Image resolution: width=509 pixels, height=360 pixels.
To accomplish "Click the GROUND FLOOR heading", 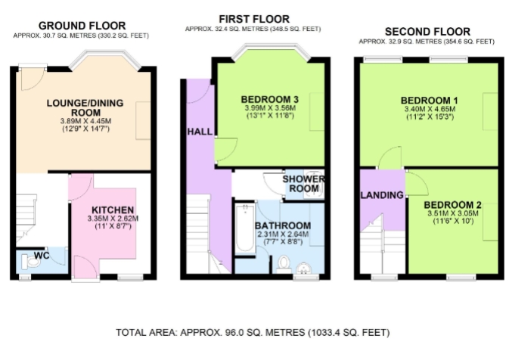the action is point(82,26).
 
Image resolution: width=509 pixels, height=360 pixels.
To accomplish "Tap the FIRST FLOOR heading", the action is point(254,19).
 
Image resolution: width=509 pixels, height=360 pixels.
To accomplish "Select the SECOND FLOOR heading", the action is point(427,32).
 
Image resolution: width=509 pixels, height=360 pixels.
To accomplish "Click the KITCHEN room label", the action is point(113,210).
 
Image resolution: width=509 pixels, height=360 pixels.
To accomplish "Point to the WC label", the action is point(42,256).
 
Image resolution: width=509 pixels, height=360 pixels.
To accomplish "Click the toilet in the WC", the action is point(31,262).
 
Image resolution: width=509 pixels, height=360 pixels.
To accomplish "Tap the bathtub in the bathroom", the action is point(245,228).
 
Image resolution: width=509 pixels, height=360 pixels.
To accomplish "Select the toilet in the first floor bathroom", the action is point(284,264).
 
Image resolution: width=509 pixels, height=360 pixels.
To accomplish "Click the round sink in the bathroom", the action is point(304,268).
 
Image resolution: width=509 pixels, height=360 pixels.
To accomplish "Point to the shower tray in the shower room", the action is point(314,185).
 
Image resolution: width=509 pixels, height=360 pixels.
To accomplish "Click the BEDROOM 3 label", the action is point(270,99).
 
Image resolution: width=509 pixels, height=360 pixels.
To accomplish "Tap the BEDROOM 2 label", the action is point(452,205).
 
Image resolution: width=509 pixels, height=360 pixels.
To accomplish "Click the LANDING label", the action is point(382,195).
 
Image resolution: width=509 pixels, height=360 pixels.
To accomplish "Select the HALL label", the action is point(200,132).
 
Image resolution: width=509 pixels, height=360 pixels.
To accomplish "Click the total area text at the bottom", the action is point(253,333).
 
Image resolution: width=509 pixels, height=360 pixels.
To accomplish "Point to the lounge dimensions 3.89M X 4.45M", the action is point(85,121).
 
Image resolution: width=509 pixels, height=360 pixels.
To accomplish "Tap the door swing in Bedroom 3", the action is point(226,149).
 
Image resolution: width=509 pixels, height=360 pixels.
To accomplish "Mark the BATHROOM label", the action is point(283,225).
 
